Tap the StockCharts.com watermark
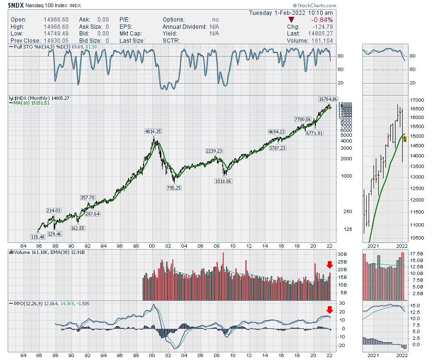(x=313, y=5)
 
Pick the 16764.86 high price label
(x=328, y=99)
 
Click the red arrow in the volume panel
(x=329, y=264)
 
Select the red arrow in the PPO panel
(x=329, y=309)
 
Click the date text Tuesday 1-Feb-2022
(x=291, y=12)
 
